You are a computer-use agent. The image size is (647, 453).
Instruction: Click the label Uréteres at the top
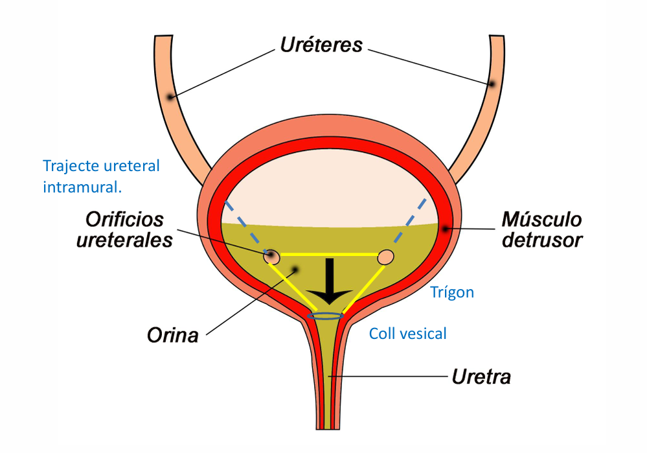click(321, 45)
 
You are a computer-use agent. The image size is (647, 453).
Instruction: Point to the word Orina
click(172, 336)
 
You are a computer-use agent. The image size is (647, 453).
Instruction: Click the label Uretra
click(480, 376)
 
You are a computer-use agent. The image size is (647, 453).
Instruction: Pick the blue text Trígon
click(452, 292)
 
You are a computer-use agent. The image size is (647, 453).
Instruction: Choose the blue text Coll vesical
click(408, 334)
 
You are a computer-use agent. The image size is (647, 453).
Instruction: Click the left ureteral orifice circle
click(272, 257)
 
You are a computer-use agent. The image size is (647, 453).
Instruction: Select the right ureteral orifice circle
click(386, 257)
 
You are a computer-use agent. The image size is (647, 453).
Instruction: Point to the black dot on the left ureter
click(170, 97)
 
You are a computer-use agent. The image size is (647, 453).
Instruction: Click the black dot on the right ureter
click(492, 84)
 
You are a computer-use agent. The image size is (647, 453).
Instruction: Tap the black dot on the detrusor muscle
click(445, 228)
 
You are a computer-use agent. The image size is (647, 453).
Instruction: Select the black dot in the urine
click(295, 269)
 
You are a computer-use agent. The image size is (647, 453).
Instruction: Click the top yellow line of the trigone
click(329, 254)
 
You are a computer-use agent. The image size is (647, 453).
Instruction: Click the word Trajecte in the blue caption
click(71, 166)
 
